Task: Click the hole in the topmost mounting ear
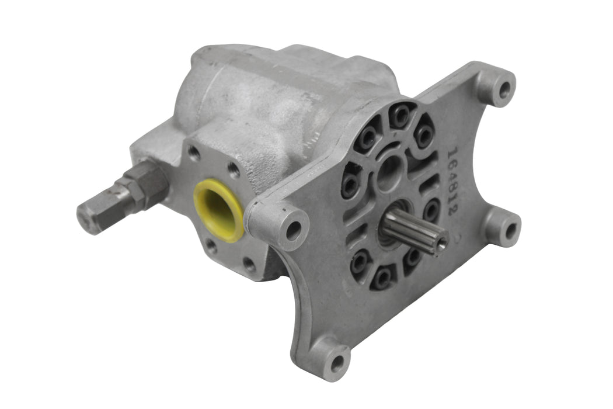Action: [503, 89]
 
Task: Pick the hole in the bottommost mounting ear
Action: [337, 365]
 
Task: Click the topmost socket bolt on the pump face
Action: [400, 116]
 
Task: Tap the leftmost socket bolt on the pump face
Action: [350, 186]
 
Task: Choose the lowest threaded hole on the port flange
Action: [250, 264]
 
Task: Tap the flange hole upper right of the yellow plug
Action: [234, 171]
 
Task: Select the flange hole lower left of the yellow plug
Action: [211, 246]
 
